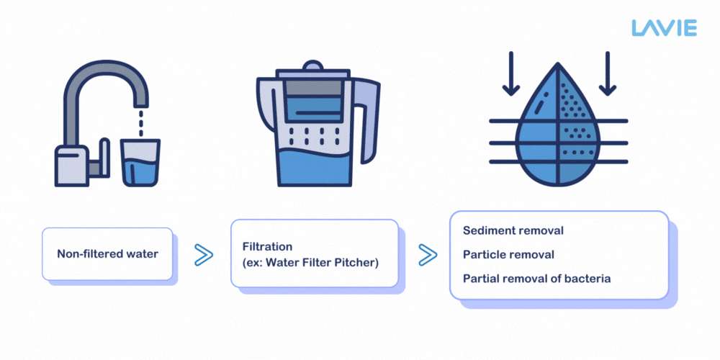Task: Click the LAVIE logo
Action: pyautogui.click(x=664, y=28)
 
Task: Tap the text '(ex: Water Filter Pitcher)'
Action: pyautogui.click(x=310, y=262)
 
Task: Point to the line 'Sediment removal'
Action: pyautogui.click(x=513, y=231)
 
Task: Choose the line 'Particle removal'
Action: pyautogui.click(x=508, y=254)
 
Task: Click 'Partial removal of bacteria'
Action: pyautogui.click(x=536, y=278)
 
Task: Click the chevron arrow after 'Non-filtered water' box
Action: pyautogui.click(x=204, y=254)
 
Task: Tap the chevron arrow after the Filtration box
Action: pyautogui.click(x=428, y=254)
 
